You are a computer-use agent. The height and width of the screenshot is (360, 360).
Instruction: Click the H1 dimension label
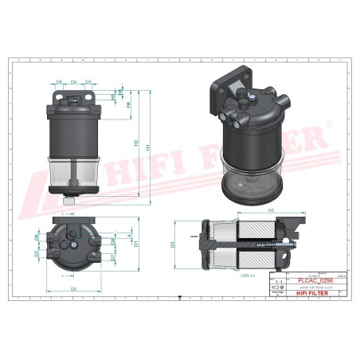(x=148, y=146)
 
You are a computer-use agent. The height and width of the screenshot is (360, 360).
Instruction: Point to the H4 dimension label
(x=129, y=104)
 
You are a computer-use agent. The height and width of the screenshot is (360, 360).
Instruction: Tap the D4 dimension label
(x=74, y=82)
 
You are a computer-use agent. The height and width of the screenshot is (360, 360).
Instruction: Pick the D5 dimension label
(x=88, y=82)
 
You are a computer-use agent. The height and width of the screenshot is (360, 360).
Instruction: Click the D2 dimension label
(x=73, y=288)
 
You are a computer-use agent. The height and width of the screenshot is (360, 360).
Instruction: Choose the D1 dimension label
(x=137, y=244)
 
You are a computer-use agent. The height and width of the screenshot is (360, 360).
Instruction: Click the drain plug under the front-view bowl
(x=72, y=199)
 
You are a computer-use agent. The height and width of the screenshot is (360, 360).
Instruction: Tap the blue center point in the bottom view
(x=74, y=247)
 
